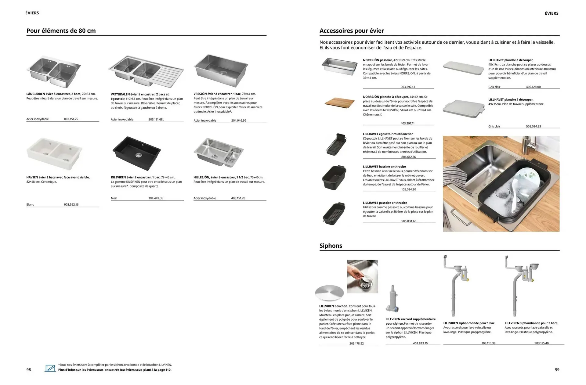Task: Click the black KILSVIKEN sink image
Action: pos(136,153)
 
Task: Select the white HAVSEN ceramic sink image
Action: pos(54,153)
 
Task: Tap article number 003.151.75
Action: pos(71,119)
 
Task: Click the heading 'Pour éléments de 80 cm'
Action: pos(61,31)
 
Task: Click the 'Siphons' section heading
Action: pos(331,246)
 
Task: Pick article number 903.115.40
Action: pos(541,343)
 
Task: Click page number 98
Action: pos(29,369)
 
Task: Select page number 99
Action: pos(557,369)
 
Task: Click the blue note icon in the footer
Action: pos(50,368)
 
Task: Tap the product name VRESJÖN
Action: pos(200,94)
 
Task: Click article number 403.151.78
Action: pos(238,198)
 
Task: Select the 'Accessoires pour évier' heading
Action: pos(352,31)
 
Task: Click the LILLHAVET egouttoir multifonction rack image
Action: pos(335,145)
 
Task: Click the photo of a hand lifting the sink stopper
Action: pos(362,276)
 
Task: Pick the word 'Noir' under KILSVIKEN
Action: pos(114,198)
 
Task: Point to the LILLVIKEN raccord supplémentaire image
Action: pos(392,299)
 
